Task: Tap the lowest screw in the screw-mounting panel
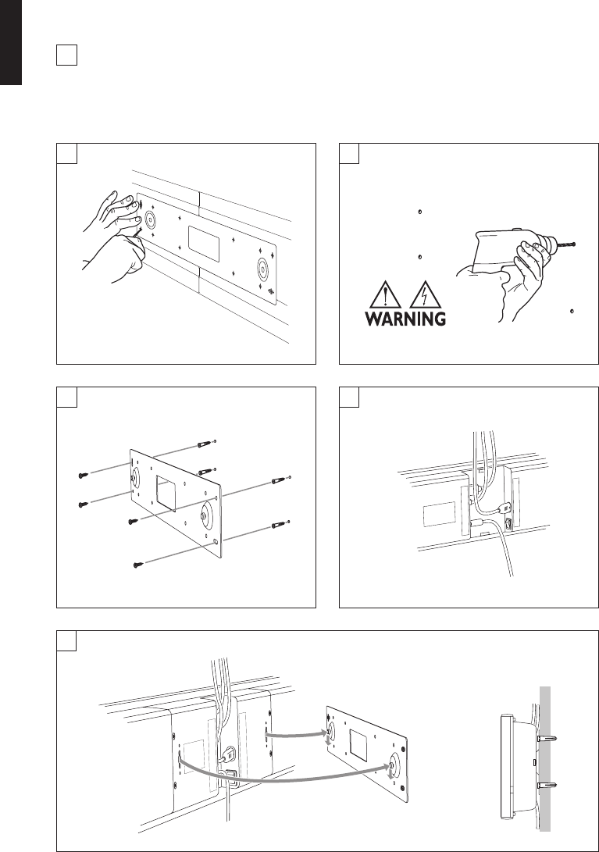(138, 563)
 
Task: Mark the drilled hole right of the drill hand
(572, 311)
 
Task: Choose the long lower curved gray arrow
(281, 772)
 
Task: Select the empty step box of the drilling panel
(349, 153)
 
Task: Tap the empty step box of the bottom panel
(66, 640)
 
